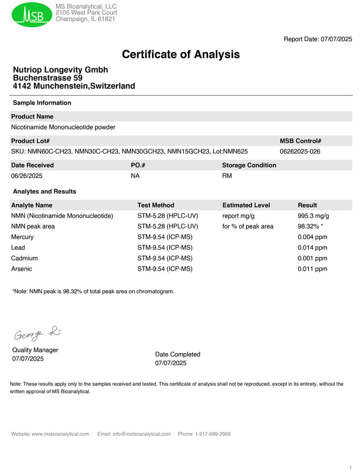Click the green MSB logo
[32, 15]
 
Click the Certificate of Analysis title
[181, 55]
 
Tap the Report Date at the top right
[318, 39]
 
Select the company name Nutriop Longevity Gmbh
[60, 70]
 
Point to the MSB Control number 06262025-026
[300, 151]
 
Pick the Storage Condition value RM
[227, 176]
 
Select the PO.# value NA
[135, 176]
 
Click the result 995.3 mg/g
[313, 216]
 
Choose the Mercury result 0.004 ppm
[312, 237]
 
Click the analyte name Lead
[18, 248]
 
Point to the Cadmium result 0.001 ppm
[312, 258]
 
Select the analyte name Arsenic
[22, 269]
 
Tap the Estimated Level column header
[246, 205]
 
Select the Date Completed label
[177, 355]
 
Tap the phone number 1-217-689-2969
[213, 434]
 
